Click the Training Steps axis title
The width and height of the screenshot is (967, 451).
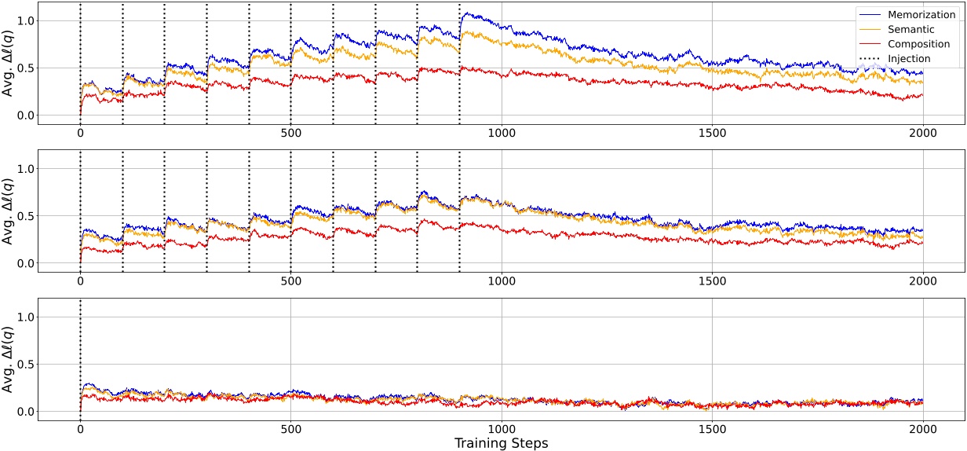click(501, 443)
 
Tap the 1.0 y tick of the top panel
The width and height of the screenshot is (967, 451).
click(25, 20)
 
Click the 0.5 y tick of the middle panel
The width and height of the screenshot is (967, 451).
click(25, 216)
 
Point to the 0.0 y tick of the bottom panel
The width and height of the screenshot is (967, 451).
click(25, 412)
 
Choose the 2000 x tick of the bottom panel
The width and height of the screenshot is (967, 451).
click(922, 428)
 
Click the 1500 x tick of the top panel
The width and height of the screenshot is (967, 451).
click(712, 132)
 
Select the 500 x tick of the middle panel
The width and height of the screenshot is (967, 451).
click(291, 280)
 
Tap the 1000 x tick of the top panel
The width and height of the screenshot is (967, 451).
click(502, 132)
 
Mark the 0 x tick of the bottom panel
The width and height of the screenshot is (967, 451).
click(80, 428)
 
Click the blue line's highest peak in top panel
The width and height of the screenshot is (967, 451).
click(468, 13)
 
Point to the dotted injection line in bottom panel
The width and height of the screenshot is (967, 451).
click(80, 346)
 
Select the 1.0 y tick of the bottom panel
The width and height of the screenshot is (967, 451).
click(25, 317)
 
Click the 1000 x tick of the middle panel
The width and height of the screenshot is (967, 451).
click(502, 280)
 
